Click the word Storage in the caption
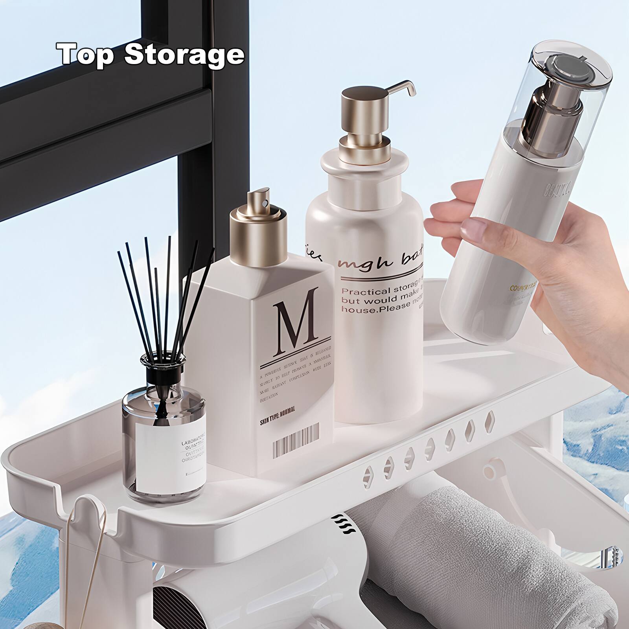[x=184, y=54]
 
